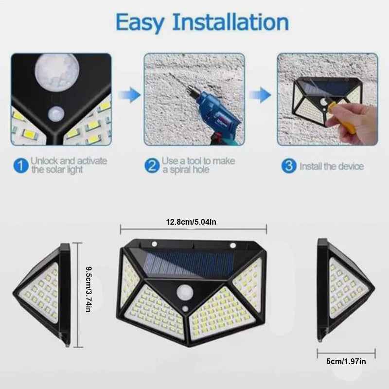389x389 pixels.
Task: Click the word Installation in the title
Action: tap(231, 22)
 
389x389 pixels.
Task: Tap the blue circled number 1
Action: tap(20, 166)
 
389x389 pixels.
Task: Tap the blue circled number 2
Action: tap(152, 166)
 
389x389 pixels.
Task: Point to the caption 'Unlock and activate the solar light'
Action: tap(69, 165)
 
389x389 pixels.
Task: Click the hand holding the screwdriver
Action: tap(355, 122)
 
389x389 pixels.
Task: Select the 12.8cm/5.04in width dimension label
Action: tap(194, 222)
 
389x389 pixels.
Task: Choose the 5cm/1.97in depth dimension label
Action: tap(346, 362)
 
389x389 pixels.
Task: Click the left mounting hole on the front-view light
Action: tap(155, 245)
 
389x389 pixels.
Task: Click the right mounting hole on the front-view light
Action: tap(232, 245)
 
